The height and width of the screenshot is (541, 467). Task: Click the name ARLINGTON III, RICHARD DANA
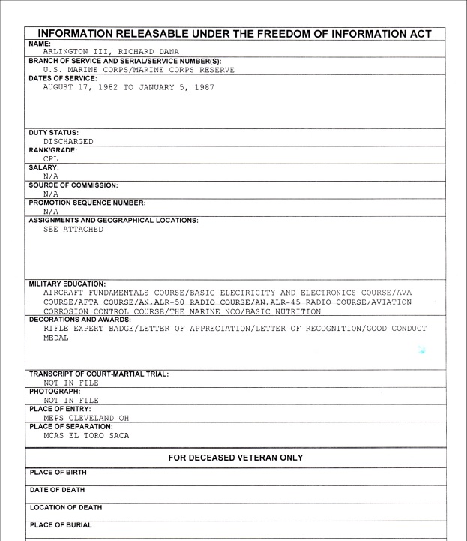pos(110,52)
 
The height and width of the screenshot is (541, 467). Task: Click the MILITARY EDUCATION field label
pos(64,284)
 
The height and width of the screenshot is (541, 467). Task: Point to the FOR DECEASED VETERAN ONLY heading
pos(233,456)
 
